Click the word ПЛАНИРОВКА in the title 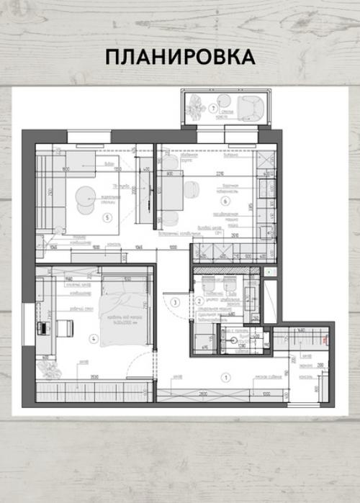[180, 57]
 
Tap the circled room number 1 [225, 376]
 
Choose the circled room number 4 [93, 337]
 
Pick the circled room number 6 [225, 200]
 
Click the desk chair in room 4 [63, 328]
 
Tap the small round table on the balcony [223, 101]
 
